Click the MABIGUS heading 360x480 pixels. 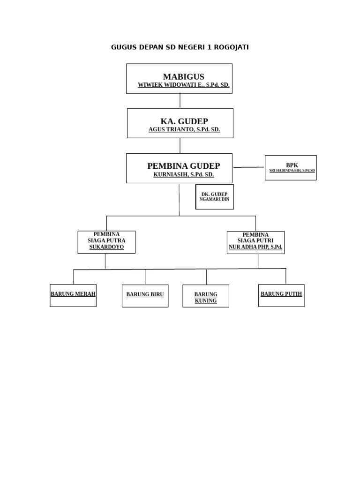pos(183,76)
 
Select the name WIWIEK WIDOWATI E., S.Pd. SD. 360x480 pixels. pos(183,85)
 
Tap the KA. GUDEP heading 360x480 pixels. pos(184,121)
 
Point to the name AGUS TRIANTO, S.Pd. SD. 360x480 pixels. pos(184,129)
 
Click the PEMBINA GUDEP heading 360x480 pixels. pos(183,166)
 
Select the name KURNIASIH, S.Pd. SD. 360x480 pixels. pos(183,174)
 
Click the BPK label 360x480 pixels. pos(292,165)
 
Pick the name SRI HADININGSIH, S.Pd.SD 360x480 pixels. pos(292,171)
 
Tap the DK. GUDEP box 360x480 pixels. pos(214,196)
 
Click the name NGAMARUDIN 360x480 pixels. pos(214,199)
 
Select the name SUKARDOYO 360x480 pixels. pos(106,247)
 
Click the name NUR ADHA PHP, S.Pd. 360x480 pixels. pos(255,247)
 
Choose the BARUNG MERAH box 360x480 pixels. pos(73,295)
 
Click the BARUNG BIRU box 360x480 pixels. pos(145,296)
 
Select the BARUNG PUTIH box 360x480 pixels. pos(281,295)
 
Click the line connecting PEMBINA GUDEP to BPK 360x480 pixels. pos(248,167)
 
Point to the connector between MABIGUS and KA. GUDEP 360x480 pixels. pos(180,101)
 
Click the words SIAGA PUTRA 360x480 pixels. pos(106,240)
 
